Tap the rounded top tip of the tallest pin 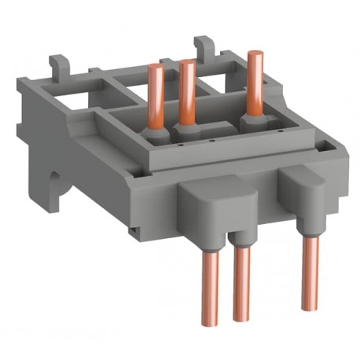click(x=253, y=54)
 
